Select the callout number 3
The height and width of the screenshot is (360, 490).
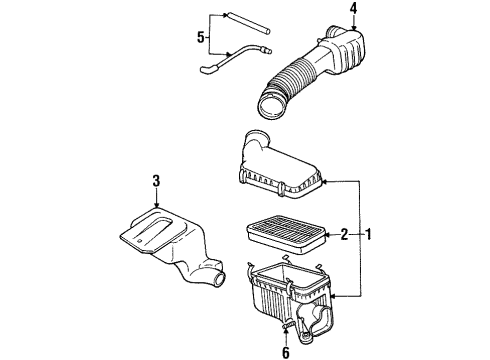coord(156,180)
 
